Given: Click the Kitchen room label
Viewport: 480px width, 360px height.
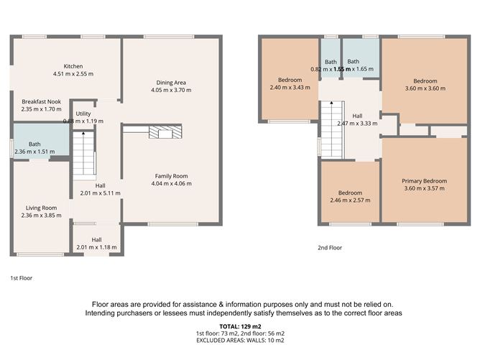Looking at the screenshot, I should tap(73, 65).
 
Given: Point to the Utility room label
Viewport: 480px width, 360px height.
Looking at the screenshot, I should tap(83, 114).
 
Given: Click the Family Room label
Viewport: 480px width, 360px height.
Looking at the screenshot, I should tap(171, 175).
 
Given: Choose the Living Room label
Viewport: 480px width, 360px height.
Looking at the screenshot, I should tap(42, 207).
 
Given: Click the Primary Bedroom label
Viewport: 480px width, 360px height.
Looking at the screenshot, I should tap(424, 181).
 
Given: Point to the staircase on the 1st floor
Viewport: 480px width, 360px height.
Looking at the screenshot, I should tap(84, 154).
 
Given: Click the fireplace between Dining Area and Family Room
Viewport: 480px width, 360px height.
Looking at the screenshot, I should tap(165, 131).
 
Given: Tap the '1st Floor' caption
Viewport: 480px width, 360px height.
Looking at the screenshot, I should tap(21, 277).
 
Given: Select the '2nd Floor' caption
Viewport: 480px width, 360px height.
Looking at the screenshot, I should tap(330, 247).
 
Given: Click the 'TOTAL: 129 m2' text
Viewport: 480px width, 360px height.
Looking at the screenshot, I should tap(239, 326).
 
